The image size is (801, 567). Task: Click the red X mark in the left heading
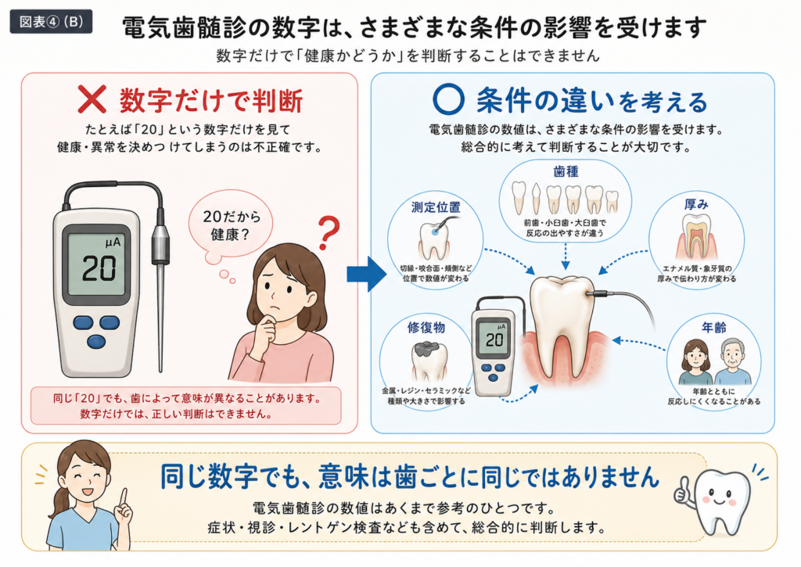(x=92, y=99)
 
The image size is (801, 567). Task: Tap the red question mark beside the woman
(x=329, y=233)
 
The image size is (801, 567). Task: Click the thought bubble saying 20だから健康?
(x=231, y=226)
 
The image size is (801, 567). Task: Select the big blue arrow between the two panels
(x=367, y=275)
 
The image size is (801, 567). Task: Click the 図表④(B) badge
(x=51, y=21)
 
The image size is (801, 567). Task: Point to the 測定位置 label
(x=436, y=207)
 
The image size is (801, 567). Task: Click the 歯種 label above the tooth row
(x=566, y=171)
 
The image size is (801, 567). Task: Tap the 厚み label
(x=696, y=204)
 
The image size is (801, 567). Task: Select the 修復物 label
(x=426, y=328)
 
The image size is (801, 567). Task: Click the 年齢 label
(x=713, y=328)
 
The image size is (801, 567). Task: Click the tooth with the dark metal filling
(x=429, y=361)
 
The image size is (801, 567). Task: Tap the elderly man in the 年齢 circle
(x=732, y=362)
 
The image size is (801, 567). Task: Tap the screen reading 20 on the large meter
(x=97, y=264)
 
